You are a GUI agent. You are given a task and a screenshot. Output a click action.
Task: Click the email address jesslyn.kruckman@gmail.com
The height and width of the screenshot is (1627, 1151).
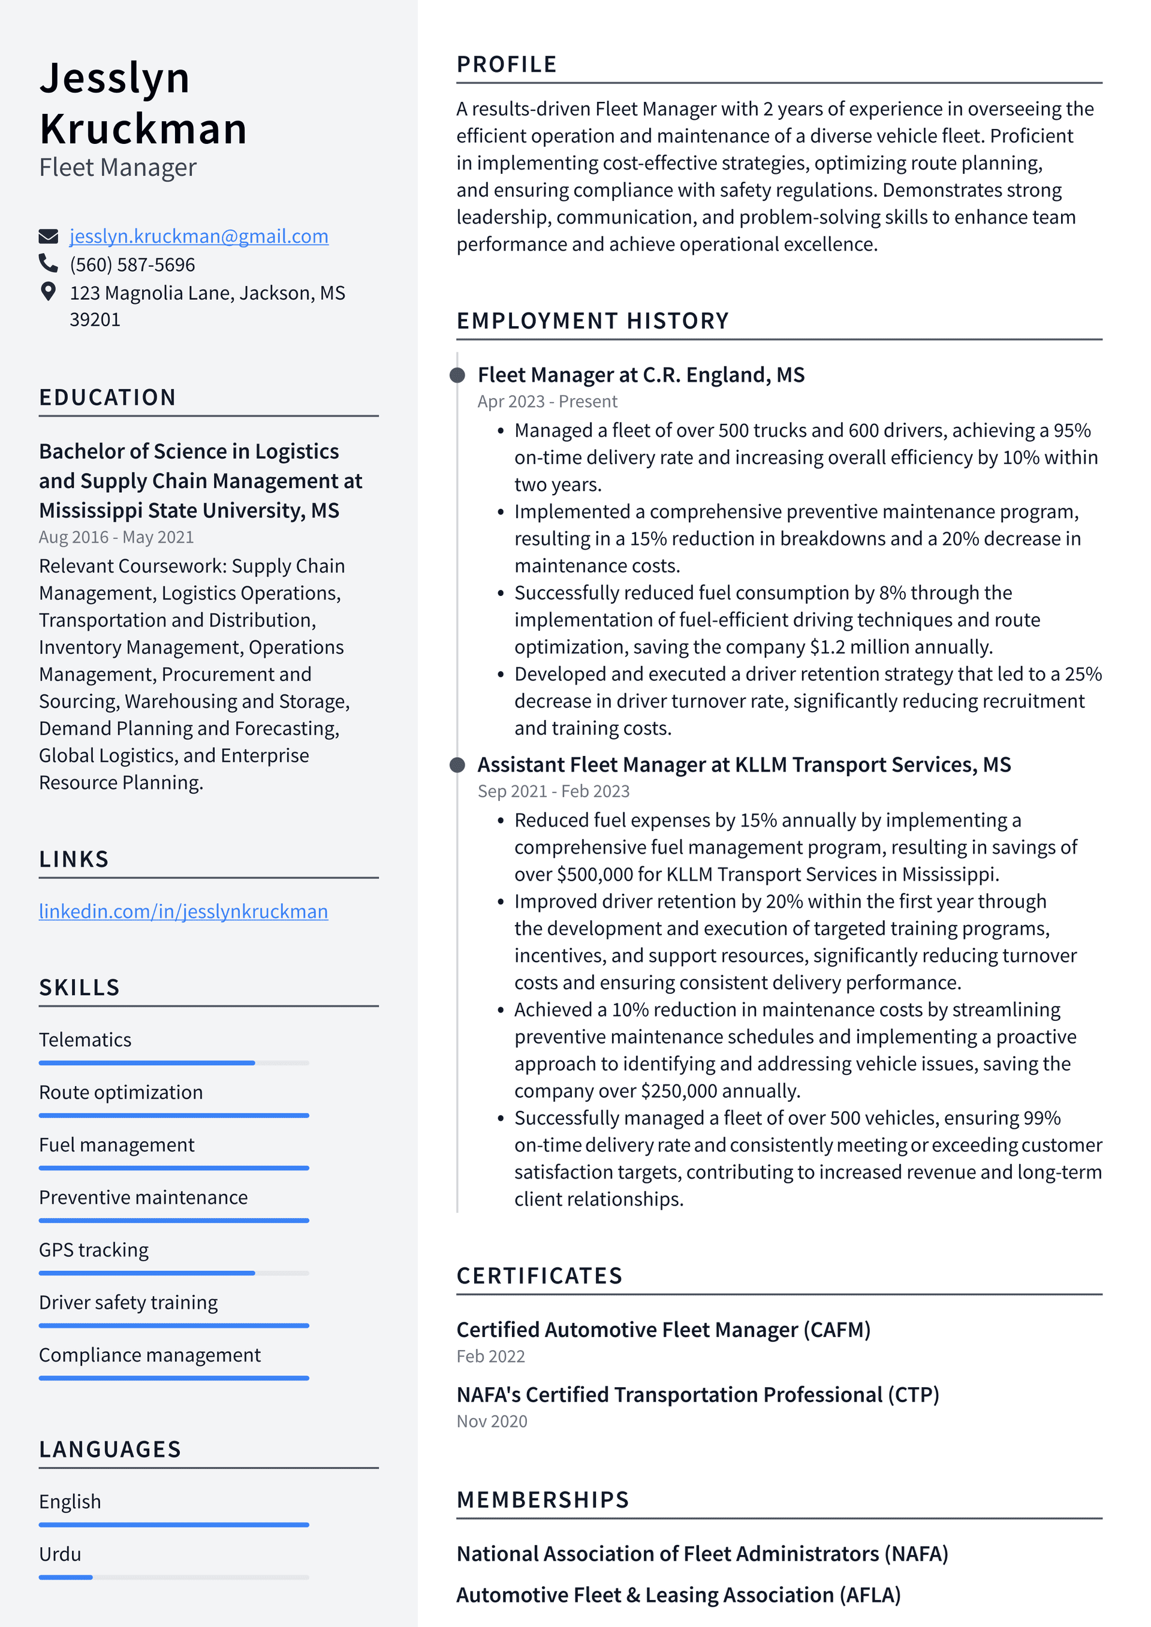[198, 236]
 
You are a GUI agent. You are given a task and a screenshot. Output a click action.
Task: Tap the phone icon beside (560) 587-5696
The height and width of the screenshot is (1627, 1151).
[48, 264]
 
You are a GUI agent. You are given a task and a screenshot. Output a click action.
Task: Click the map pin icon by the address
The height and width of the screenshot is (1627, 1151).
[48, 292]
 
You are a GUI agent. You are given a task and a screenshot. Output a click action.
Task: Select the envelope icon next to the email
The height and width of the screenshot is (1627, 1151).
[48, 236]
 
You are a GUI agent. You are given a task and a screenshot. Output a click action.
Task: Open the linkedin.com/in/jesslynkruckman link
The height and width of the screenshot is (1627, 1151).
[183, 911]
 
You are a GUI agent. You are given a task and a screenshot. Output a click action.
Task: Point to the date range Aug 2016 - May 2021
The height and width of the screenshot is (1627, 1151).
[116, 537]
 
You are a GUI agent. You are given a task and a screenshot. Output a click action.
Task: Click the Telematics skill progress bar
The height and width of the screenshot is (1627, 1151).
[174, 1063]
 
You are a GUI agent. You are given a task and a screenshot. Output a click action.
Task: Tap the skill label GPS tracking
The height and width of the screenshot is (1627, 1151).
[94, 1250]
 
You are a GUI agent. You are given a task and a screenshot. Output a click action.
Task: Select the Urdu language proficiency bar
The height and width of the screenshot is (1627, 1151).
[174, 1577]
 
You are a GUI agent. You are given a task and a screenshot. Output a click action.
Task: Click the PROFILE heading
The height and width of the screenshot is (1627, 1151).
[506, 65]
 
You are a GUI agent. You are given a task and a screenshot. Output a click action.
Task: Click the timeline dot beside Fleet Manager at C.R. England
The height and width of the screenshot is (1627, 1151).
[458, 375]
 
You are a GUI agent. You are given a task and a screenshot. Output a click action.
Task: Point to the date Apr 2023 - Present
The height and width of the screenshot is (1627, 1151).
[547, 402]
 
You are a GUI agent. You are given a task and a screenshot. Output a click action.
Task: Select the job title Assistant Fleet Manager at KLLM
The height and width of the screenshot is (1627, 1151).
[743, 764]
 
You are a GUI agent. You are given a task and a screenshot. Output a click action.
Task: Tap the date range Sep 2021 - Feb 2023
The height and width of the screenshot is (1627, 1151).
[553, 791]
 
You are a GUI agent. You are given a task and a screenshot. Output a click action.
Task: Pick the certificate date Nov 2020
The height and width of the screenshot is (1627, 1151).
[492, 1421]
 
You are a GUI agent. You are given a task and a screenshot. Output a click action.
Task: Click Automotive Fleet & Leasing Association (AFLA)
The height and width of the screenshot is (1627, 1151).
[678, 1595]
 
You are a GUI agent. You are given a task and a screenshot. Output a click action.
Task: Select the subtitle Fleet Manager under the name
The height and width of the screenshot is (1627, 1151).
[117, 168]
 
